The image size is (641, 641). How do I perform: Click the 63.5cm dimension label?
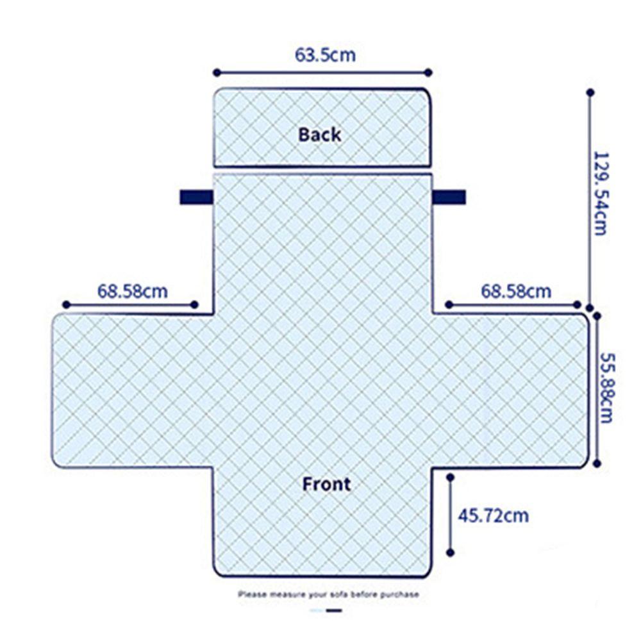[326, 55]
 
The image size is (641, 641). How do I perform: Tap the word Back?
[320, 135]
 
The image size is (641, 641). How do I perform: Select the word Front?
[326, 485]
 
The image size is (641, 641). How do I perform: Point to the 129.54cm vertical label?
[601, 194]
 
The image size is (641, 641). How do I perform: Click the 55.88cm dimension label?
[607, 388]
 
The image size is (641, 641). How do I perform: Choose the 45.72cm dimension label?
[494, 516]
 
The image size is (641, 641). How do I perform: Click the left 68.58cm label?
[133, 292]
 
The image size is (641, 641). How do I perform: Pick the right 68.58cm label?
[516, 292]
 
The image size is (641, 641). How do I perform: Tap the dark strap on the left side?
[197, 197]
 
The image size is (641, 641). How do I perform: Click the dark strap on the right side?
[449, 197]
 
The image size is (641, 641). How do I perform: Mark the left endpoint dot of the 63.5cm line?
[217, 73]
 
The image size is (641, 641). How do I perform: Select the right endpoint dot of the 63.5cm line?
[428, 73]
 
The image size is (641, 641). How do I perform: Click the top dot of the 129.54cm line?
[590, 93]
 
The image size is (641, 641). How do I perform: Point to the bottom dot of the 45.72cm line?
[450, 553]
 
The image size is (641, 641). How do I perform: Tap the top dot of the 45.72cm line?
[450, 477]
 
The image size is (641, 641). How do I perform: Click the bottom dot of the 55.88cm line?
[596, 463]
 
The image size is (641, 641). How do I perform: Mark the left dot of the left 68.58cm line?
[67, 304]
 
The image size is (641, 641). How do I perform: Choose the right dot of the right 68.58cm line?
[577, 304]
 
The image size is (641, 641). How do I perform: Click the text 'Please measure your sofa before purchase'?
[329, 594]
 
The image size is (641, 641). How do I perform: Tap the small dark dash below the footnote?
[334, 610]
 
